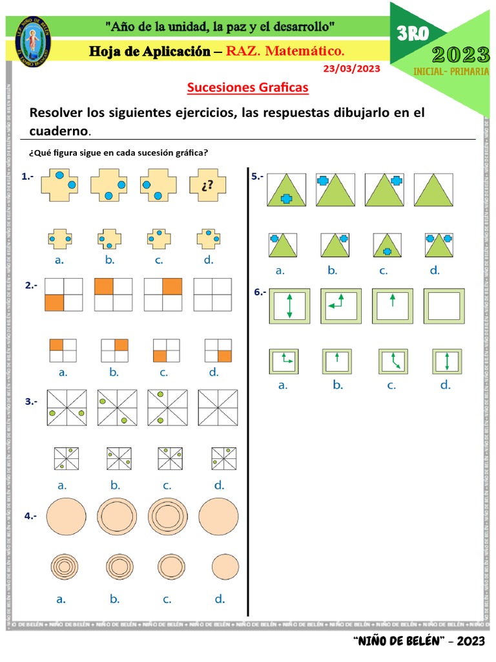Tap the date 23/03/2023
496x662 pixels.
point(351,68)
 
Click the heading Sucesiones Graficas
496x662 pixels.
point(248,87)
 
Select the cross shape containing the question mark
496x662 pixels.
point(207,186)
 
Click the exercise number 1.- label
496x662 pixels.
point(28,176)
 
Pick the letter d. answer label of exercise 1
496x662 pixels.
point(208,261)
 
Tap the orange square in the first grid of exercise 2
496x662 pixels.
point(54,302)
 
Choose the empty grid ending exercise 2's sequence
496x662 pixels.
point(212,295)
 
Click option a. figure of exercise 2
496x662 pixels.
point(63,350)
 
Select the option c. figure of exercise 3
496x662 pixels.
point(170,458)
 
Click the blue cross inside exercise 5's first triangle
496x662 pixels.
point(282,198)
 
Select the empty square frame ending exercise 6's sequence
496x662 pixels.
point(444,306)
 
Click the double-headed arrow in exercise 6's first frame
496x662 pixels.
point(289,306)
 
